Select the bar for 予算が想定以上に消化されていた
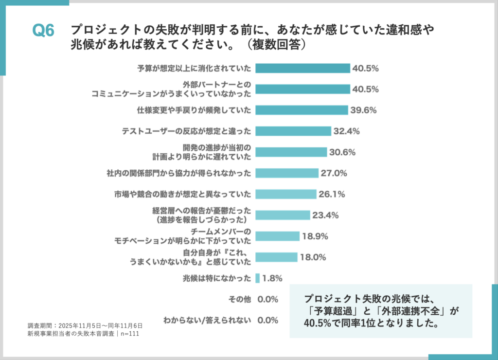[302, 68]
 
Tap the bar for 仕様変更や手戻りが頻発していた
[302, 110]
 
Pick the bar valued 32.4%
[293, 131]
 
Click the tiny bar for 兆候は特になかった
[257, 278]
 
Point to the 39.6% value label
[363, 110]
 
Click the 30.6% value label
[342, 152]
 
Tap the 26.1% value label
[332, 194]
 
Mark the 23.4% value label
[325, 215]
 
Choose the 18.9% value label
[315, 236]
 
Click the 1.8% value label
[272, 278]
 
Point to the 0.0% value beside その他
[267, 299]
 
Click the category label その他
[240, 299]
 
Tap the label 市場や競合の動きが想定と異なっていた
[182, 194]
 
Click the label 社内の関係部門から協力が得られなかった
[179, 173]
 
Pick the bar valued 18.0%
[276, 257]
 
